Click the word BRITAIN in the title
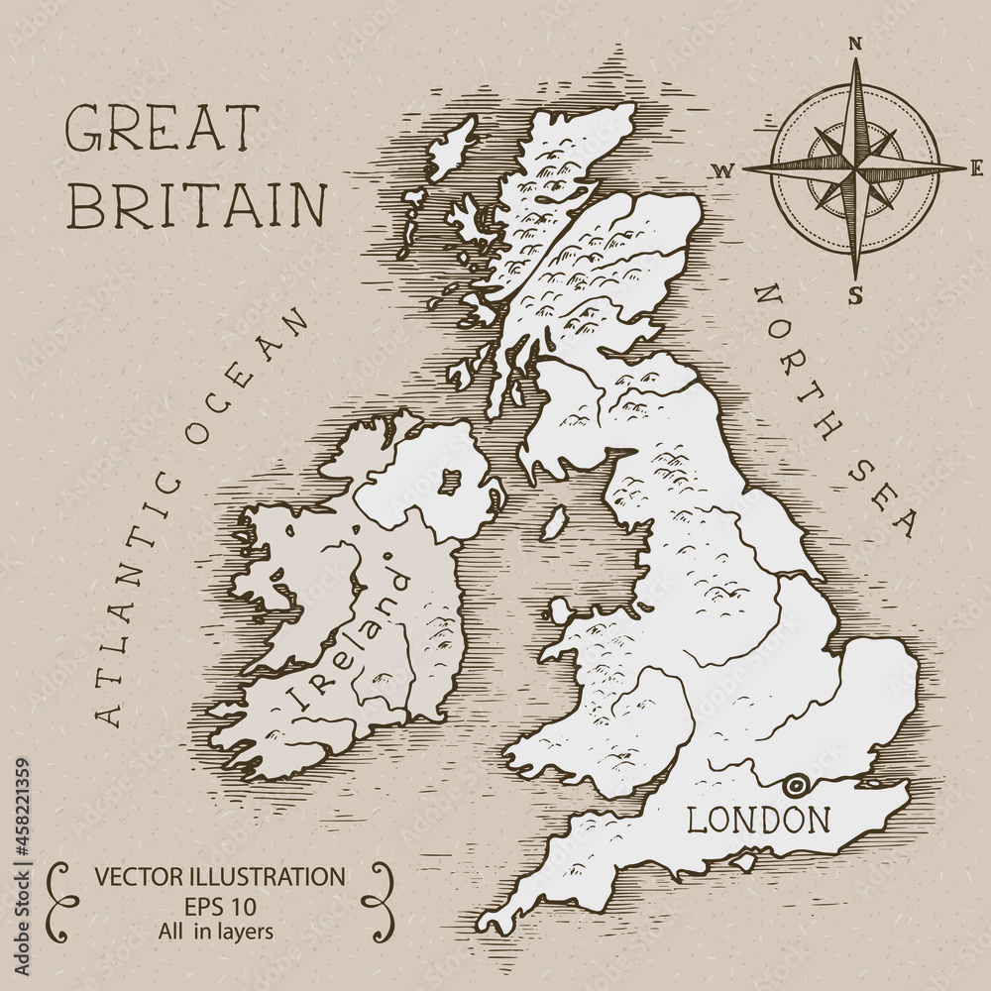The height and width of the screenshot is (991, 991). pos(201,204)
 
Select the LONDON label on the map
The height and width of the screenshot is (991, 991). pos(759,820)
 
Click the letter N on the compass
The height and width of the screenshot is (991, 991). pos(856,43)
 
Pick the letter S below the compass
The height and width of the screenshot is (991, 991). pos(855,293)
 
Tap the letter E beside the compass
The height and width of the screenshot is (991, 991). pos(977,166)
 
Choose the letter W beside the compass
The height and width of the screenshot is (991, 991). pos(722,170)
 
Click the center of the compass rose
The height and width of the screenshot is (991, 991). pos(855,166)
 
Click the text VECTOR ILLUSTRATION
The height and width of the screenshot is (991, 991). pos(219,876)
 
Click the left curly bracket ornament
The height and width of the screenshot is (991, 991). pos(59,900)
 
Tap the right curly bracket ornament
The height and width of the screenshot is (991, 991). pos(378,900)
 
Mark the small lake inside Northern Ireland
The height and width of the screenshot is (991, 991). pos(451,482)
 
